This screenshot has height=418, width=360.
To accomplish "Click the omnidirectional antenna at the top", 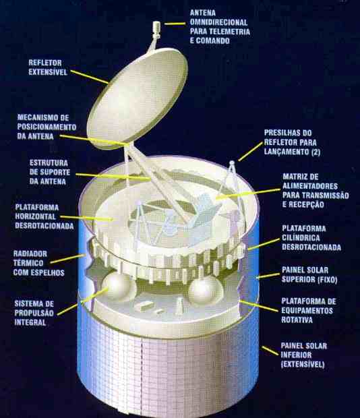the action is [156, 29].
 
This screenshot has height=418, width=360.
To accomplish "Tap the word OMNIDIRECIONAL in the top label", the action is [219, 22].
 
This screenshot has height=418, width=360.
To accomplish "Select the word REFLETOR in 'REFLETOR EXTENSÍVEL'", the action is [45, 63].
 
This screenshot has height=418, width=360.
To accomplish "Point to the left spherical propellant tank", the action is [119, 286].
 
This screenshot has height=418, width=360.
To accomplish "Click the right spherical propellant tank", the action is [206, 291].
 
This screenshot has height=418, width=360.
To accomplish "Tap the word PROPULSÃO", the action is [34, 313].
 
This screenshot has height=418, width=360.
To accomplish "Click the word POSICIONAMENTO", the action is [47, 127].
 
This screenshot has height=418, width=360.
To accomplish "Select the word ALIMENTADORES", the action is [310, 186].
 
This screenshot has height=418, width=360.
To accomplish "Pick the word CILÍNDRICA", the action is [301, 238].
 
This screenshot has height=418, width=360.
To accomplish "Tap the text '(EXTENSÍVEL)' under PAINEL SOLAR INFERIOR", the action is [303, 365].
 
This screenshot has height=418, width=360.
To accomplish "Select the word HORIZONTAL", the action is [36, 216].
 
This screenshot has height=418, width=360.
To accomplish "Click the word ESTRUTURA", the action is [49, 163].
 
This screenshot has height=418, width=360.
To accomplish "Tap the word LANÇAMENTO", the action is [287, 152].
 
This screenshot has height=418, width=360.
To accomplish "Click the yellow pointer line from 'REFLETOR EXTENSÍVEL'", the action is [89, 77].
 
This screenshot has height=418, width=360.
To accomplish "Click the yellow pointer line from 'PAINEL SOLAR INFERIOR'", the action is [270, 351].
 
